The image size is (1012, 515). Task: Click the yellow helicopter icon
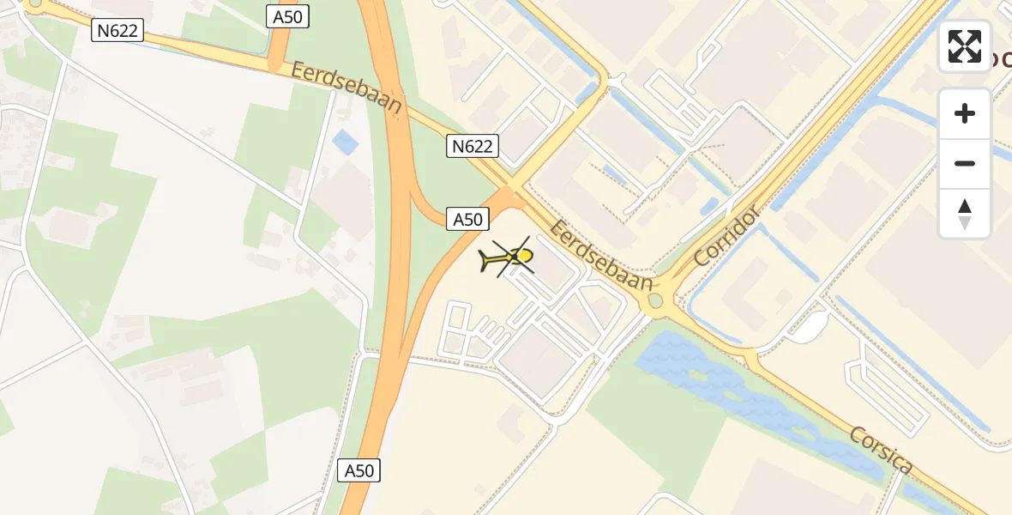[x=511, y=257]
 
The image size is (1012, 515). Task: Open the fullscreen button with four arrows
[x=965, y=46]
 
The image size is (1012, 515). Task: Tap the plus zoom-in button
[x=965, y=113]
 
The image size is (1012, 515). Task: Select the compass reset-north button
[x=965, y=214]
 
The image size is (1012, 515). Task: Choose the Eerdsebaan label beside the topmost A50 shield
[x=346, y=88]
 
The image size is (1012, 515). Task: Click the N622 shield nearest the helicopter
[x=472, y=146]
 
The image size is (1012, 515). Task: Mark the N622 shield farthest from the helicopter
[x=117, y=32]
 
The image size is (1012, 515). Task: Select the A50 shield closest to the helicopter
[x=467, y=219]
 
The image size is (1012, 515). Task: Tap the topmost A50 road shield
[x=287, y=16]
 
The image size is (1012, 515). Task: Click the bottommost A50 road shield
[x=359, y=470]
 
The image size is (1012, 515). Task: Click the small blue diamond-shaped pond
[x=346, y=142]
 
